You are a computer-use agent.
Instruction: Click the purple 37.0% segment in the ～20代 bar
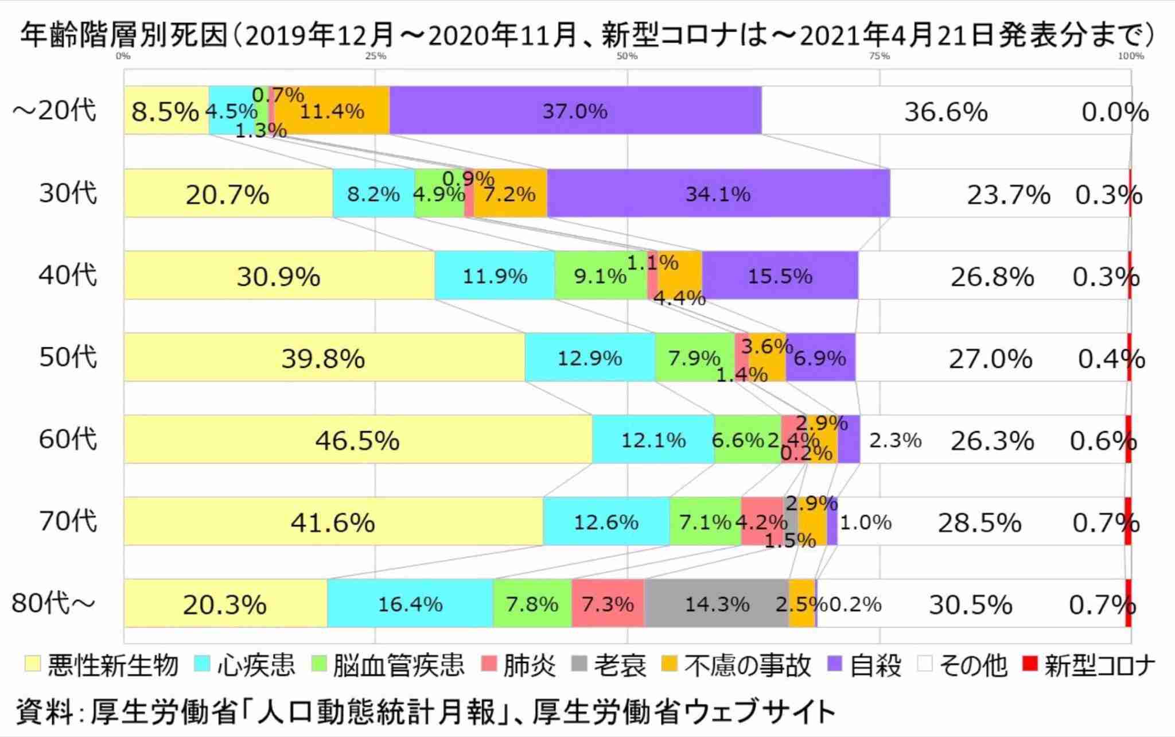[575, 110]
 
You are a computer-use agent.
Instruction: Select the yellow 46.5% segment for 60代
[357, 440]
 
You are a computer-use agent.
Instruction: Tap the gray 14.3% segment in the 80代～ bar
[717, 604]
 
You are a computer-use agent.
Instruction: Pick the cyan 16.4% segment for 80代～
[410, 604]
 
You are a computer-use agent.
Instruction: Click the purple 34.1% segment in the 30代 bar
[718, 193]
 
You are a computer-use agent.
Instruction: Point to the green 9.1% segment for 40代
[600, 276]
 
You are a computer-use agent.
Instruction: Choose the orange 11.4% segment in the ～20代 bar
[332, 110]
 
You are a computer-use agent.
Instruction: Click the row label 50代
[68, 357]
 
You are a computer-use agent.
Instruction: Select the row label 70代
[68, 521]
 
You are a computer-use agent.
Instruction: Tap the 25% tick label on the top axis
[376, 56]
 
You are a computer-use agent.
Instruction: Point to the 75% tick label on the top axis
[880, 56]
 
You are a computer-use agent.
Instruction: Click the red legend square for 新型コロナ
[1030, 664]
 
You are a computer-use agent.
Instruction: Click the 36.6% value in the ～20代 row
[946, 111]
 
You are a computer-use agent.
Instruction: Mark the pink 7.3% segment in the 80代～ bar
[608, 604]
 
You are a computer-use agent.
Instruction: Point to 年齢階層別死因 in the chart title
[124, 36]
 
